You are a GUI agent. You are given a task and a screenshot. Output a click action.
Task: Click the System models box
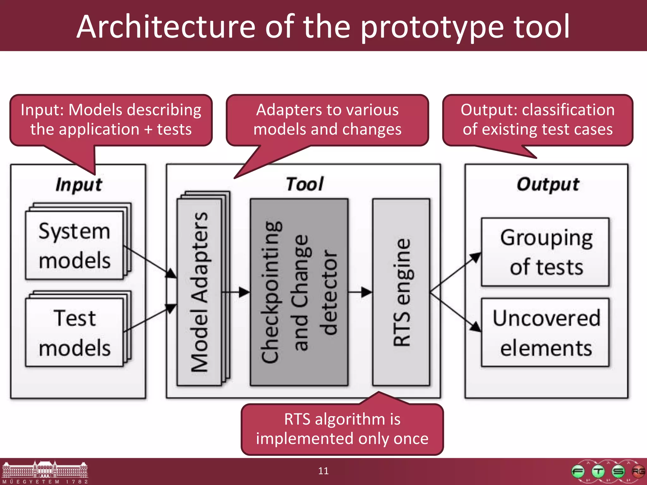(75, 245)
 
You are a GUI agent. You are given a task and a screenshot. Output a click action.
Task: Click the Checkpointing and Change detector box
(299, 292)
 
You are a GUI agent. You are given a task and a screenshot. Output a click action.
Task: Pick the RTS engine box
(401, 292)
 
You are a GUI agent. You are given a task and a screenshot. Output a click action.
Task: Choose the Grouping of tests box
(545, 252)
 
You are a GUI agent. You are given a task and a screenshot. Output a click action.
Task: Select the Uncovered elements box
(545, 332)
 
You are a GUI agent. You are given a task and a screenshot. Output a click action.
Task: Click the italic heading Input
(79, 184)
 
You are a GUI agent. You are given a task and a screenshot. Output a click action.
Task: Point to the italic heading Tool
(305, 184)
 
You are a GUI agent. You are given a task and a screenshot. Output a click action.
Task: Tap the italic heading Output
(548, 184)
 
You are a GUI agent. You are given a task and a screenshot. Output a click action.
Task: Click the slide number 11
(323, 471)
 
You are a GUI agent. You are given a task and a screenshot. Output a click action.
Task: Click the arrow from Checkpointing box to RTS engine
(360, 292)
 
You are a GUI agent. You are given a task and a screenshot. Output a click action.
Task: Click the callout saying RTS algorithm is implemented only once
(342, 429)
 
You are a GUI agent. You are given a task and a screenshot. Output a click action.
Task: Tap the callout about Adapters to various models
(327, 120)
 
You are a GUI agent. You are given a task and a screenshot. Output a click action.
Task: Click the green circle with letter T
(598, 472)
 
